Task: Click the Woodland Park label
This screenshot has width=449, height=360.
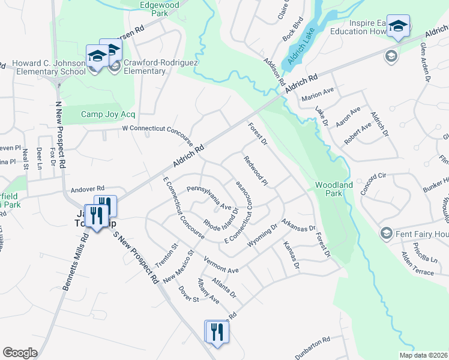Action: pyautogui.click(x=334, y=190)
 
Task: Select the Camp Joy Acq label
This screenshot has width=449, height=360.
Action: pyautogui.click(x=108, y=114)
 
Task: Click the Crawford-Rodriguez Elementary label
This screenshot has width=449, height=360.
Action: pyautogui.click(x=145, y=66)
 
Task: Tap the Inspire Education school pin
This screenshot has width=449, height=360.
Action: pyautogui.click(x=397, y=26)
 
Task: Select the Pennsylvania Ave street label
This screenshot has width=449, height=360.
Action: pyautogui.click(x=208, y=197)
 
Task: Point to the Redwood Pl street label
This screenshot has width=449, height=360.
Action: pyautogui.click(x=256, y=170)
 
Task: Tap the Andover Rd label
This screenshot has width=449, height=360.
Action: pyautogui.click(x=88, y=188)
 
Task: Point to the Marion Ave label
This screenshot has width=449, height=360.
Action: pyautogui.click(x=318, y=94)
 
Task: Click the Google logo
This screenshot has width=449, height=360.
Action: pyautogui.click(x=20, y=352)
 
